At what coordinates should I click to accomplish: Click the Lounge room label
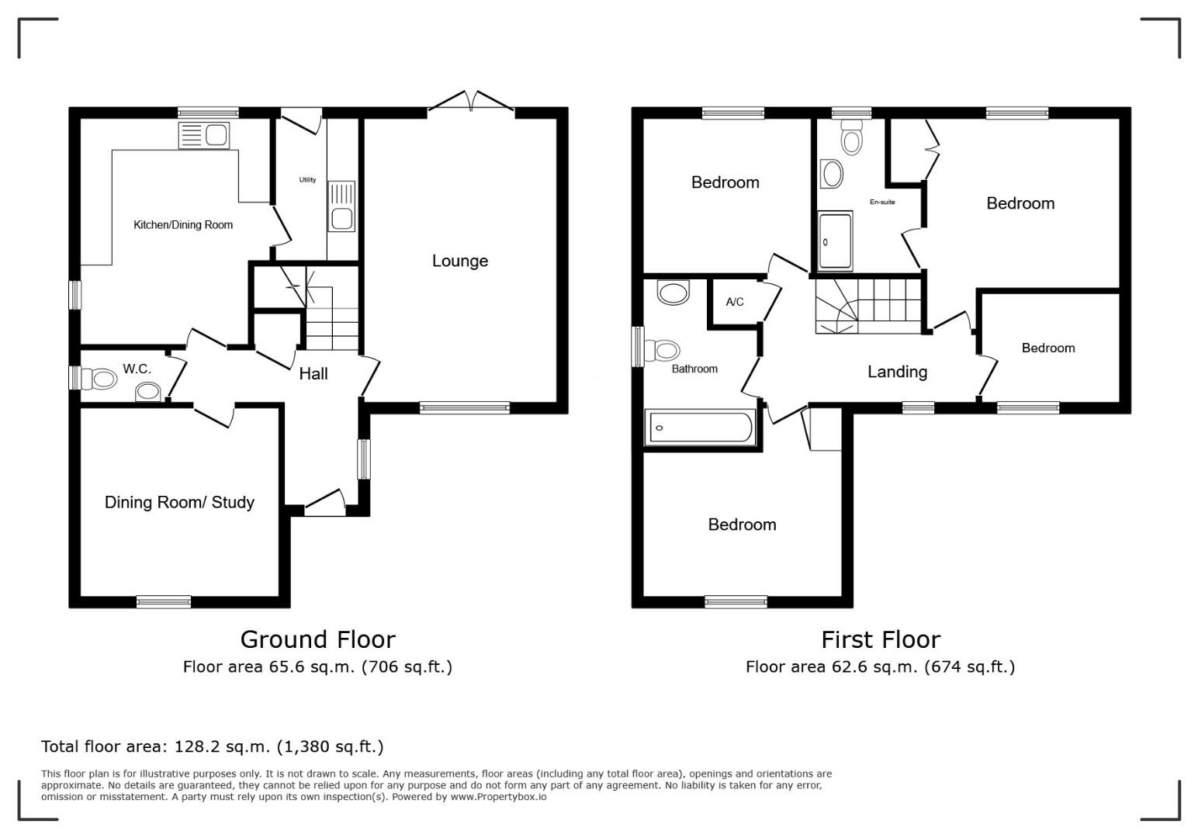[460, 261]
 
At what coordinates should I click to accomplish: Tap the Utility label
[307, 180]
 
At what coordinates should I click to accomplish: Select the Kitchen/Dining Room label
[183, 224]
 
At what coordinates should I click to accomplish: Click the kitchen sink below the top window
[204, 135]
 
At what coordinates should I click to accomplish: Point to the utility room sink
[341, 206]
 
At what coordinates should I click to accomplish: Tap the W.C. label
[137, 369]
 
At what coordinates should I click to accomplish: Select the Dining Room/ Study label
[179, 502]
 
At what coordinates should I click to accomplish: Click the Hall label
[313, 374]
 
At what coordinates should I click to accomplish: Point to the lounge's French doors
[471, 102]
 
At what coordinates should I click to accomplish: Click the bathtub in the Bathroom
[700, 428]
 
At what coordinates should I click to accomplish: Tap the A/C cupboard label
[735, 302]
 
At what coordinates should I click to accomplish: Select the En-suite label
[882, 203]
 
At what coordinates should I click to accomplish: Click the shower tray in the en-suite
[835, 241]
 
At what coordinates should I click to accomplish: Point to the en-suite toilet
[851, 137]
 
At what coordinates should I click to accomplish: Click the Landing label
[897, 372]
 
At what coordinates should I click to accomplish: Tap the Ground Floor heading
[317, 639]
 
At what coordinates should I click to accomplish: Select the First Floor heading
[881, 639]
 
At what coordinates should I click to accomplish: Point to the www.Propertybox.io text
[498, 797]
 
